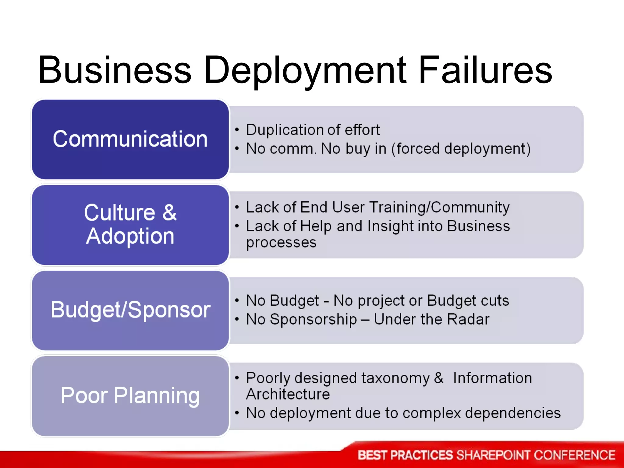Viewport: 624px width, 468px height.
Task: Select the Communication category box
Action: point(130,139)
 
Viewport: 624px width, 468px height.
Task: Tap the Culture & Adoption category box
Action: point(130,225)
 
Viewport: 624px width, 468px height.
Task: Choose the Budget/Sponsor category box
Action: point(130,310)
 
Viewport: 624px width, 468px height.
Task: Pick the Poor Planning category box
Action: point(130,396)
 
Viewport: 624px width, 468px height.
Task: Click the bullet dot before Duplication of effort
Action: point(237,130)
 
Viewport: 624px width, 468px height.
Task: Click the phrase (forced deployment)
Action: point(461,149)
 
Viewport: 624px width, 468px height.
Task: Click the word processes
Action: point(281,243)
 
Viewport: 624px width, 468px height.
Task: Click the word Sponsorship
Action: point(313,320)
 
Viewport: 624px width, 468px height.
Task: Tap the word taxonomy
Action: point(395,378)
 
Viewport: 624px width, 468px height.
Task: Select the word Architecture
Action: point(288,394)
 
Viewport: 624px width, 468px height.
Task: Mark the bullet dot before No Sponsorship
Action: point(237,319)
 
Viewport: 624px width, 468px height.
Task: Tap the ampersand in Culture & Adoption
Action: point(169,212)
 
